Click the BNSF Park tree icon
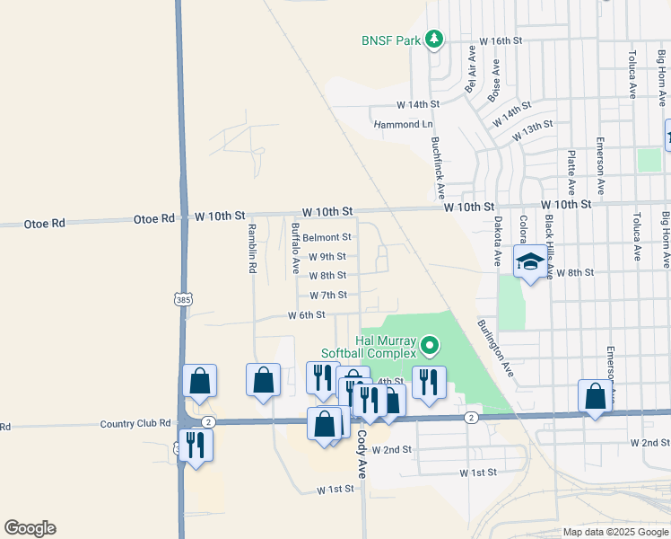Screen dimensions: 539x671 (x=434, y=39)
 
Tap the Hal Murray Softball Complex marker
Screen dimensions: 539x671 (x=430, y=345)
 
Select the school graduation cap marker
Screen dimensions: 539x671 (x=530, y=262)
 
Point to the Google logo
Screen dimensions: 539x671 (x=30, y=528)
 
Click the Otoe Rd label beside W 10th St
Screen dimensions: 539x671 (x=153, y=218)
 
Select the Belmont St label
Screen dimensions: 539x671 (x=326, y=237)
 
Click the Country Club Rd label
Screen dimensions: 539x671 (x=135, y=423)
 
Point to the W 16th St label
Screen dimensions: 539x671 (x=501, y=41)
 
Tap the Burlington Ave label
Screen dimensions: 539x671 (x=494, y=348)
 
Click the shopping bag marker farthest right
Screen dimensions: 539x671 (x=596, y=396)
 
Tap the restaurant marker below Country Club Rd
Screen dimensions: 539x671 (x=195, y=444)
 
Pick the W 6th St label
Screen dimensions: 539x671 (x=306, y=315)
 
